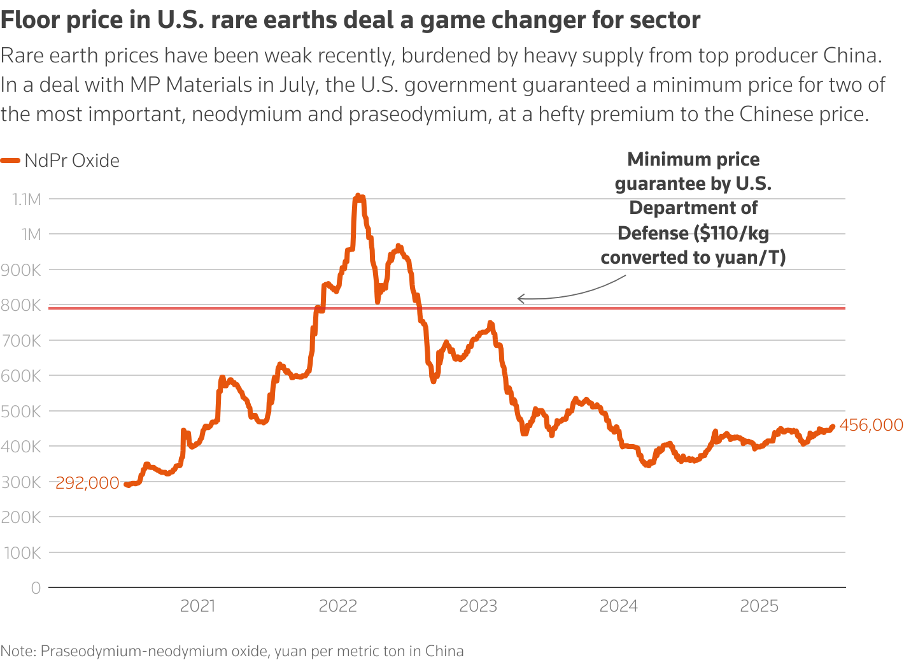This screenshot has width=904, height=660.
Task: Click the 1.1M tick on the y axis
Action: (26, 199)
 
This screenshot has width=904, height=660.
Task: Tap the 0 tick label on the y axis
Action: (36, 588)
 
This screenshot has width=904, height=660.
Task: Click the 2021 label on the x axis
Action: (198, 606)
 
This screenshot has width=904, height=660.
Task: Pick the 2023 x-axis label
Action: (478, 606)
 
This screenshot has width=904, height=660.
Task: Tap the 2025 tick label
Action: (759, 606)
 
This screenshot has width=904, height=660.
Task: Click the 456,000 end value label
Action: (871, 425)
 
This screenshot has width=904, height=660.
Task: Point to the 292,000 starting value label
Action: (87, 484)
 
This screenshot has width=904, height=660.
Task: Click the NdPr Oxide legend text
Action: (72, 161)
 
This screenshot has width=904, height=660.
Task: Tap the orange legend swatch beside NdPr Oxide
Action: (10, 161)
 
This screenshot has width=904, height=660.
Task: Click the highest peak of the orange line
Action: (357, 196)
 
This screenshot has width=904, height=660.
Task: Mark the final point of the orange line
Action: (833, 427)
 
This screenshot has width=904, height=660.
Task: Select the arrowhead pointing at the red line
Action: (520, 298)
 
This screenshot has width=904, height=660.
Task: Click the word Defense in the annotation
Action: (654, 233)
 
